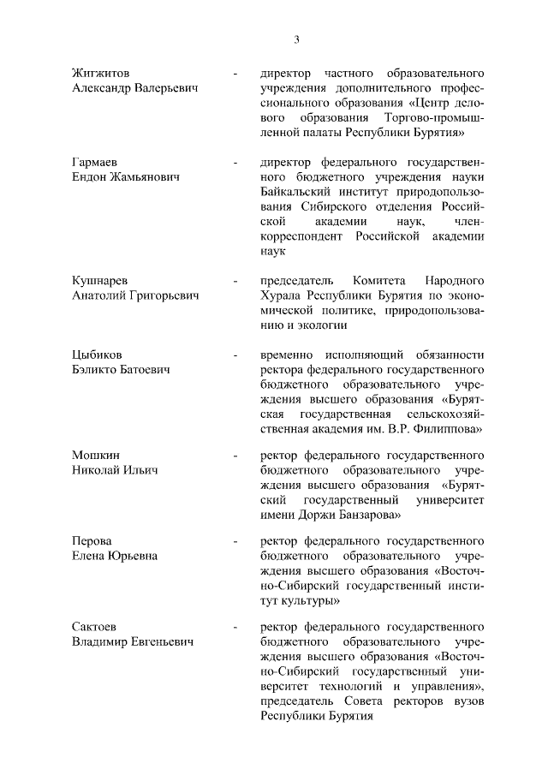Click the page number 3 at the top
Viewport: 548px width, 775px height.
tap(296, 39)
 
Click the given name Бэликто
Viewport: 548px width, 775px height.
tap(93, 369)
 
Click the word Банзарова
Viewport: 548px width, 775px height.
tap(365, 516)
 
